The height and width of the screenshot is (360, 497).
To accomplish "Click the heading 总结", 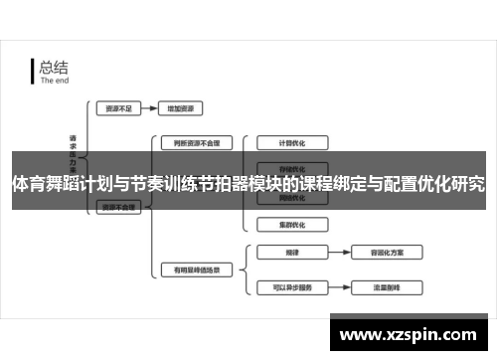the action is (54, 68).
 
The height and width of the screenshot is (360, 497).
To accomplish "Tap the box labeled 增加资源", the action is (186, 106).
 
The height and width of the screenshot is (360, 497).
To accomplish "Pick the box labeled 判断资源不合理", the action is (190, 142).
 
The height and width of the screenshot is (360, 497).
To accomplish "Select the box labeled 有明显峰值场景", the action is (190, 270).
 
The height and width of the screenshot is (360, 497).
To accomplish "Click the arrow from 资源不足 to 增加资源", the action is (149, 106).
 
